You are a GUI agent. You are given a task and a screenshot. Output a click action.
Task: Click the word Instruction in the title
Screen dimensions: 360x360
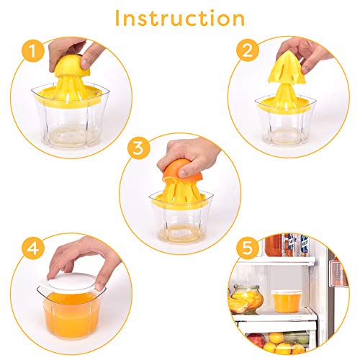click(179, 17)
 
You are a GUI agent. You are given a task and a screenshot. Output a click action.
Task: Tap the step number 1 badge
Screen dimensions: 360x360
click(30, 50)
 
